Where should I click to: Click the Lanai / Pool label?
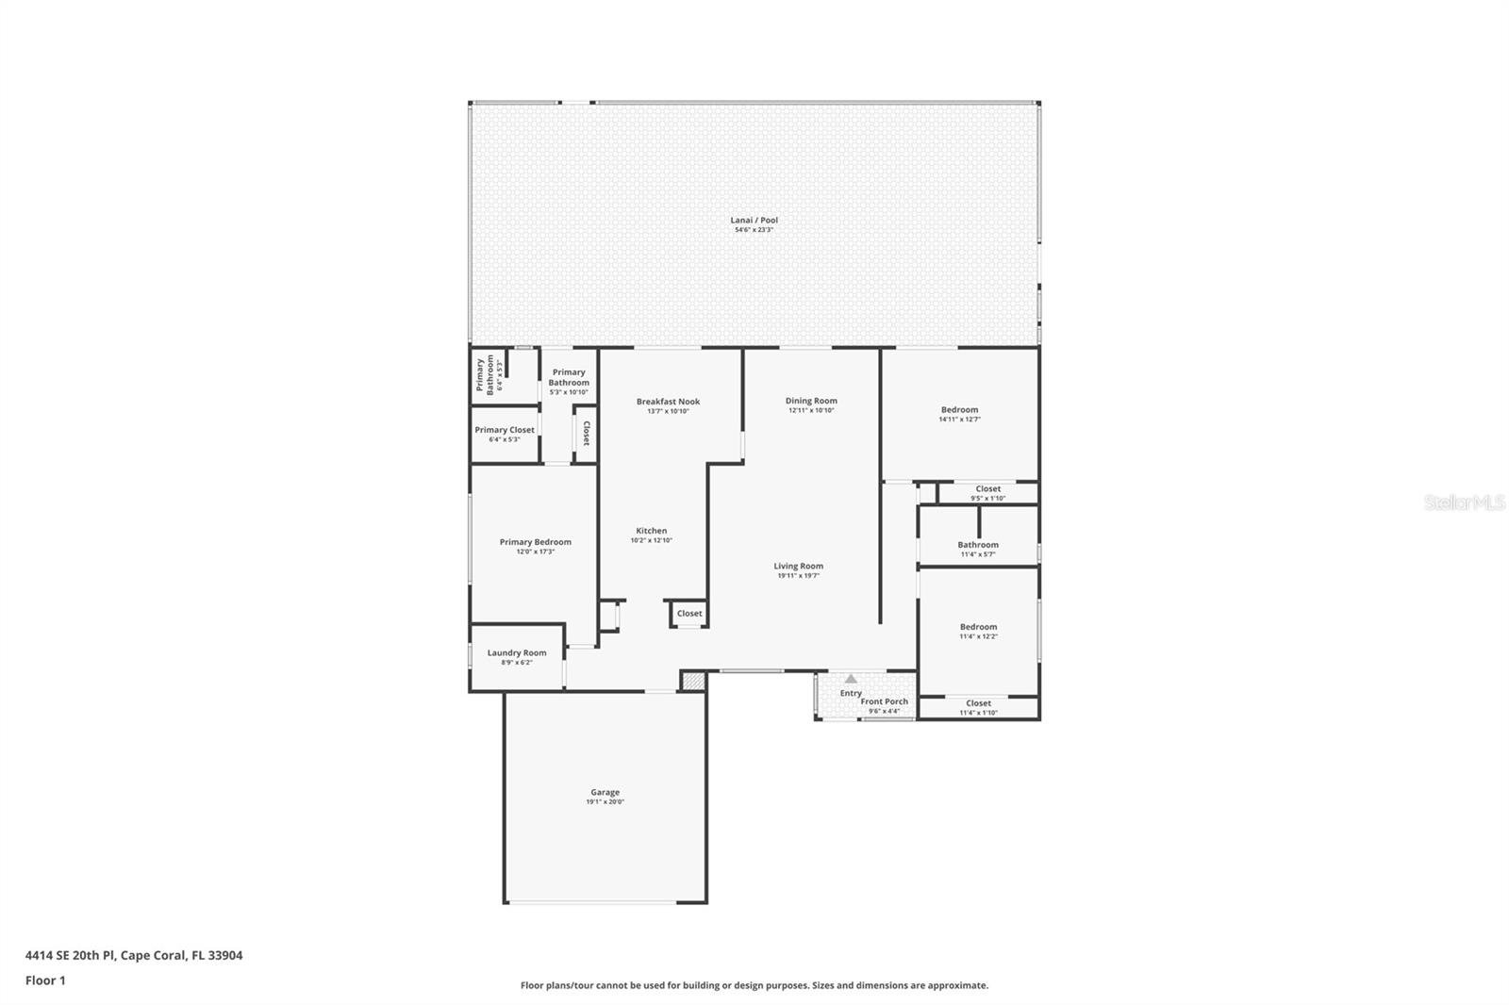(x=754, y=221)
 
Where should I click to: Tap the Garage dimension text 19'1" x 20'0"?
(x=605, y=802)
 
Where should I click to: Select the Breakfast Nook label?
(x=668, y=402)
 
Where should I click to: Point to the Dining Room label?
(x=811, y=401)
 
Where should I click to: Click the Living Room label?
(x=798, y=567)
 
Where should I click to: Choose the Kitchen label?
(x=651, y=531)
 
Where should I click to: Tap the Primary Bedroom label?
(x=535, y=542)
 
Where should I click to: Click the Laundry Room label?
(x=516, y=652)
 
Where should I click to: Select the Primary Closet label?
(x=505, y=430)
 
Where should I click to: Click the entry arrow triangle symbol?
(x=851, y=678)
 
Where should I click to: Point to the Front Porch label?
(x=885, y=701)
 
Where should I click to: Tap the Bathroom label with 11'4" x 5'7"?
(x=978, y=545)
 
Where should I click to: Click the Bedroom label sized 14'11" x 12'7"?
(x=959, y=410)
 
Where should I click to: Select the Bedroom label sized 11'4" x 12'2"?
(x=978, y=627)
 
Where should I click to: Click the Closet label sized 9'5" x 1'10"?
(x=987, y=488)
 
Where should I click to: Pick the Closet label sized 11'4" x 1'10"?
(x=978, y=703)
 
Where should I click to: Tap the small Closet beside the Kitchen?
(x=689, y=614)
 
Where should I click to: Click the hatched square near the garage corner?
(x=693, y=681)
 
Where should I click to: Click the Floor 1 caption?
(x=45, y=980)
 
